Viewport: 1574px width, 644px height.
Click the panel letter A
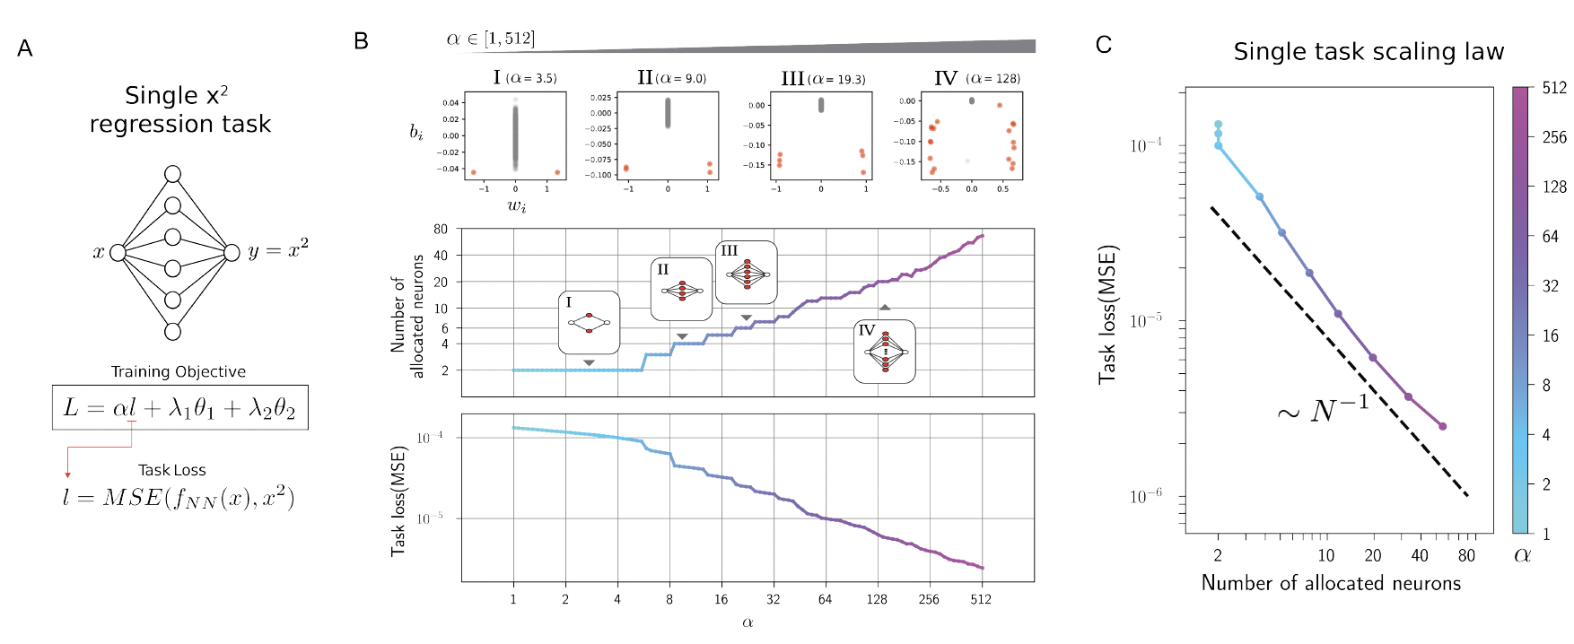25,48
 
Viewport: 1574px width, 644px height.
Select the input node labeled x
118,253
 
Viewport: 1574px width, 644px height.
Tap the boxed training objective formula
179,407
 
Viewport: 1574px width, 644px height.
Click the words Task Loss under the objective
171,470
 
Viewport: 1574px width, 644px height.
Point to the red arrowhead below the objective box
67,474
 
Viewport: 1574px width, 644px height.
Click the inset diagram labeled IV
884,352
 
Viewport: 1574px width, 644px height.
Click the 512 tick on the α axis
981,599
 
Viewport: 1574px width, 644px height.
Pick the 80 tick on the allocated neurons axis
441,230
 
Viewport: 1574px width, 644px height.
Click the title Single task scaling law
1369,52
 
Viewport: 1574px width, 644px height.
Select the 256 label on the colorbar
1554,137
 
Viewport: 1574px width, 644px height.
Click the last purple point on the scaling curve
1442,426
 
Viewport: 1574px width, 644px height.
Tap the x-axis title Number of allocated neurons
1331,583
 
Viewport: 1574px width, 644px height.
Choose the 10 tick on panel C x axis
1325,556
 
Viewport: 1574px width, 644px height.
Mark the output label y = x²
278,249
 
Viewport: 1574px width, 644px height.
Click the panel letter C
1104,45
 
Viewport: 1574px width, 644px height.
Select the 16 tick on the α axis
721,599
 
